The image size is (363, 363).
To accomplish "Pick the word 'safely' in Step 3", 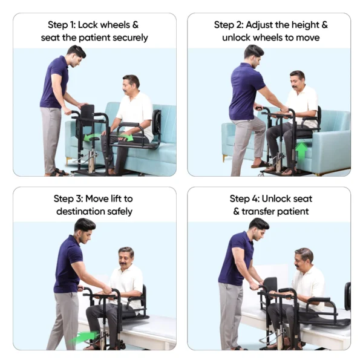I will (x=119, y=212).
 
